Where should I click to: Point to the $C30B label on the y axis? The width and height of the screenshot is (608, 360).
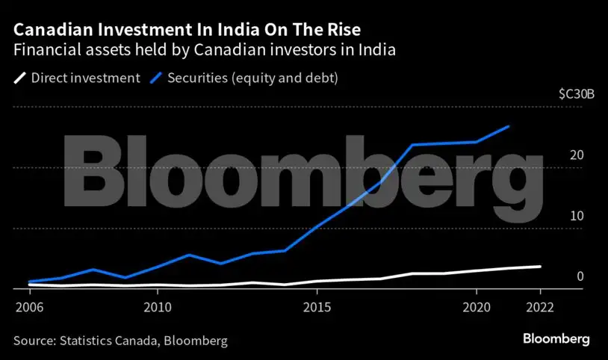click(577, 95)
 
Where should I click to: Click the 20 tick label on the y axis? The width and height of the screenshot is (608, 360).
click(576, 155)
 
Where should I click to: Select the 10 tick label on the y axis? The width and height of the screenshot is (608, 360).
click(576, 216)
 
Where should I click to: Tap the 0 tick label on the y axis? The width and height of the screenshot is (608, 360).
click(580, 276)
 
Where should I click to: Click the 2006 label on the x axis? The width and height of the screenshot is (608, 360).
click(28, 307)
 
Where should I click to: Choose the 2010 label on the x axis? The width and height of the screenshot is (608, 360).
click(157, 307)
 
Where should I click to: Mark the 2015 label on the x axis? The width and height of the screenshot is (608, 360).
click(317, 307)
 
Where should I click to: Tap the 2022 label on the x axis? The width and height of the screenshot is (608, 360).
click(540, 307)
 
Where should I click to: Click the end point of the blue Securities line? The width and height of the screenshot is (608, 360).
click(509, 127)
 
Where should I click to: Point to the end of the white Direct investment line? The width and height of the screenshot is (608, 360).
click(540, 267)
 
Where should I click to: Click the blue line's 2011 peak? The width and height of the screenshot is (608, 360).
click(189, 255)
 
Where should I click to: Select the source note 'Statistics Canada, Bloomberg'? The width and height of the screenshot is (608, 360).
click(120, 341)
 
